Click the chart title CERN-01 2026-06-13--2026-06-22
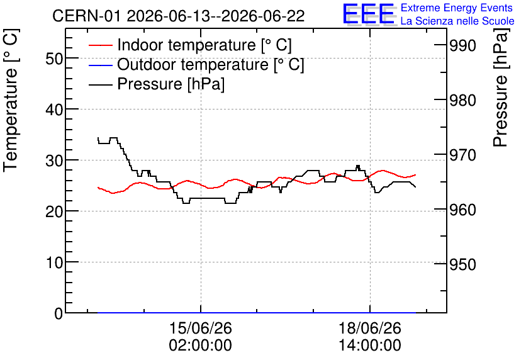click(179, 16)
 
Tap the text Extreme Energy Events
click(457, 8)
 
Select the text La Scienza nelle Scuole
click(457, 21)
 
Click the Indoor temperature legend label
click(204, 45)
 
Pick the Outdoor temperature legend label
click(211, 64)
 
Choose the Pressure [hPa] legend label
click(171, 84)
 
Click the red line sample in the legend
click(100, 45)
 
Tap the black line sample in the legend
click(100, 84)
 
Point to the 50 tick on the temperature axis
click(54, 59)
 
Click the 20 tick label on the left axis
click(54, 211)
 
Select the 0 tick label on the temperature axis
click(59, 313)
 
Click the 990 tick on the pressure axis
click(462, 45)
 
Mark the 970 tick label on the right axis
click(462, 155)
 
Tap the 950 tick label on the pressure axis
click(462, 264)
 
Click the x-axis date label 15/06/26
click(201, 328)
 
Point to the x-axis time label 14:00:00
click(370, 346)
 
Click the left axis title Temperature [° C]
click(11, 101)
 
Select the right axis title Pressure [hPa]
click(500, 87)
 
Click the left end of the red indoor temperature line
click(98, 188)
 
